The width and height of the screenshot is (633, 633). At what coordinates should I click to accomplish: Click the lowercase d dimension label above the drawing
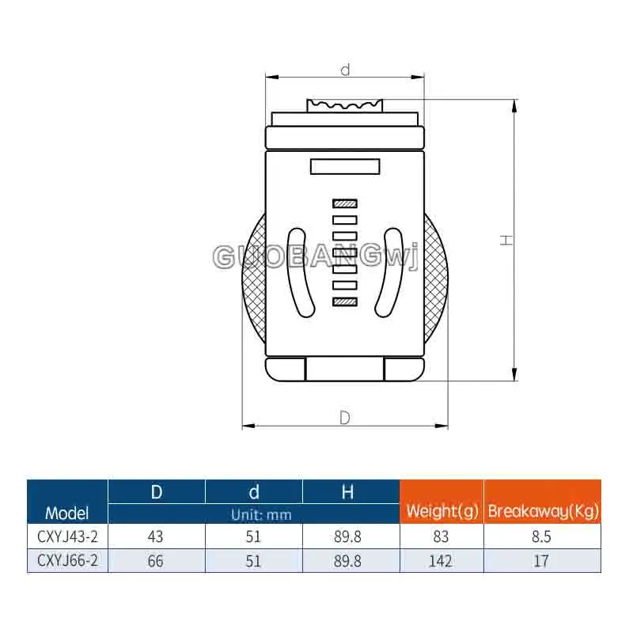[345, 70]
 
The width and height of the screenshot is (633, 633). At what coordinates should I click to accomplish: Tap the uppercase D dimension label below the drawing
[345, 418]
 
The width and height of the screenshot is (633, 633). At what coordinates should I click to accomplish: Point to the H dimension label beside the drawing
[506, 241]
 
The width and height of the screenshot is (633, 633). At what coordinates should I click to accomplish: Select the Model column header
[66, 513]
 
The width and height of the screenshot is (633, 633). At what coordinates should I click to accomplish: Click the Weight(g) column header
[442, 511]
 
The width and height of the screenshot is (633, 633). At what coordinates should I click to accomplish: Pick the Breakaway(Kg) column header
[543, 511]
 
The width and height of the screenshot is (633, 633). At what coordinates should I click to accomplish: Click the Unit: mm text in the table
[261, 515]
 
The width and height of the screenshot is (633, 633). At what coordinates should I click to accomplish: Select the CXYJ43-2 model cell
[67, 536]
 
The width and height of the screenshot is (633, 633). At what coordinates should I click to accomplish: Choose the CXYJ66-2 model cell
[67, 560]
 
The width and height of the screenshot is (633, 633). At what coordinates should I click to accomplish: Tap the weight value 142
[441, 561]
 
